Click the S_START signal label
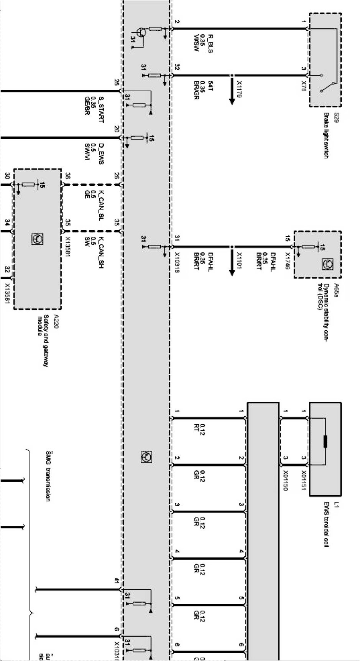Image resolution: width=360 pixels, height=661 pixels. click(x=101, y=109)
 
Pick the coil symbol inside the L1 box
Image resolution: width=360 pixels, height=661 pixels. click(x=325, y=442)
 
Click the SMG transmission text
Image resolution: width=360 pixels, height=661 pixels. click(x=48, y=476)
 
